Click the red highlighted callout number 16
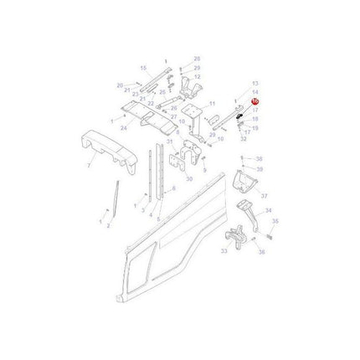tap(255, 100)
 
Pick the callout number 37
tap(265, 198)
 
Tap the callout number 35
tap(275, 222)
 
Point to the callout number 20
tap(120, 85)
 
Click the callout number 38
tap(259, 158)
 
